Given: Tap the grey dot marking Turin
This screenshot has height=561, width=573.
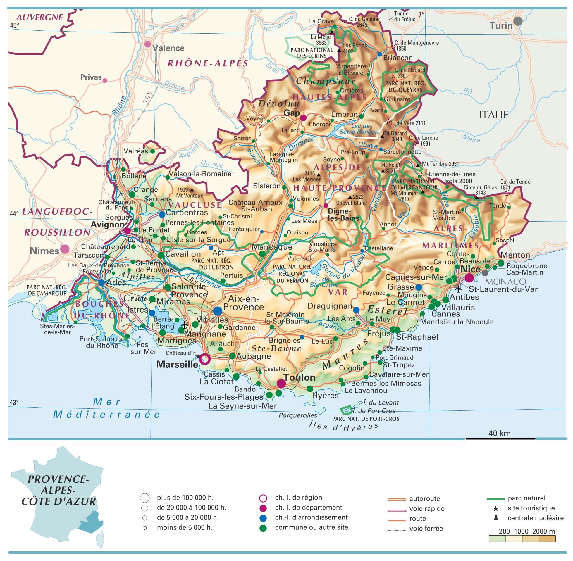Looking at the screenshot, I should [x=518, y=21].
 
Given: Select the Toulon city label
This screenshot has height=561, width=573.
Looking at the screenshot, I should [x=299, y=377].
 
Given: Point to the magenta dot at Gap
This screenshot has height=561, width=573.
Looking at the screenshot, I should [x=303, y=118].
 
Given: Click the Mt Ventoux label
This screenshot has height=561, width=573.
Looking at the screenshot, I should [x=190, y=195].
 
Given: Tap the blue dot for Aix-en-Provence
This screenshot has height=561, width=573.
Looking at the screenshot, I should [x=218, y=310].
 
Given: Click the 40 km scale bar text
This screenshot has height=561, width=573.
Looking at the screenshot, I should [x=499, y=433].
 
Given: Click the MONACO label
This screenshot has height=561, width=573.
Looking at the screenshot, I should [x=505, y=281].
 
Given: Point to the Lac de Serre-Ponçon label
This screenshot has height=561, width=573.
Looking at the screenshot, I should [x=358, y=129].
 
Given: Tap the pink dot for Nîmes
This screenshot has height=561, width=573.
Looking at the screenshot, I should [x=65, y=249].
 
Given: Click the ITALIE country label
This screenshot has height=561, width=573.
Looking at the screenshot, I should [x=493, y=115].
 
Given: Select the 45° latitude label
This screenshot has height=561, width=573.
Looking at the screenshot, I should [x=14, y=25].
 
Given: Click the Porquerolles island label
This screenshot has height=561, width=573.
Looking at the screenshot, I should [x=298, y=415].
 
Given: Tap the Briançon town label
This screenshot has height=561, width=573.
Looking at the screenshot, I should [x=398, y=58].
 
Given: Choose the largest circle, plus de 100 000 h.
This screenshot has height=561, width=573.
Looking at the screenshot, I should [x=144, y=498].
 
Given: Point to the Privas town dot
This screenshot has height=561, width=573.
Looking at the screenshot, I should [x=105, y=80].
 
